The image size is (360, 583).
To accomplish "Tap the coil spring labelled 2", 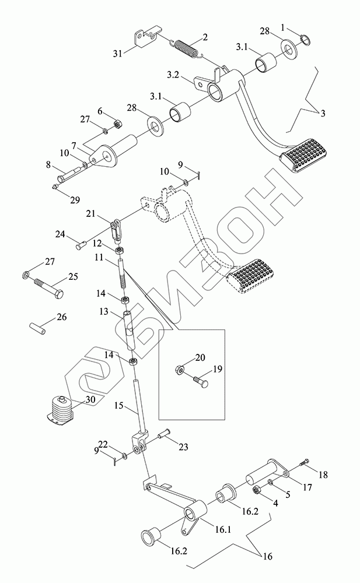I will pyautogui.click(x=187, y=46).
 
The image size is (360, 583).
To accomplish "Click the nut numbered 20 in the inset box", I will pyautogui.click(x=179, y=369).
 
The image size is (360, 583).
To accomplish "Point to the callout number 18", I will pyautogui.click(x=323, y=475).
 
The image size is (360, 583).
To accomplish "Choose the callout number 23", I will pyautogui.click(x=184, y=448).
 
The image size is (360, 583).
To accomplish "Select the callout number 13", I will pyautogui.click(x=104, y=313).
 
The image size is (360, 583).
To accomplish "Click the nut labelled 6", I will pyautogui.click(x=116, y=124).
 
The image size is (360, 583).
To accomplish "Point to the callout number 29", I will pyautogui.click(x=75, y=200).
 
